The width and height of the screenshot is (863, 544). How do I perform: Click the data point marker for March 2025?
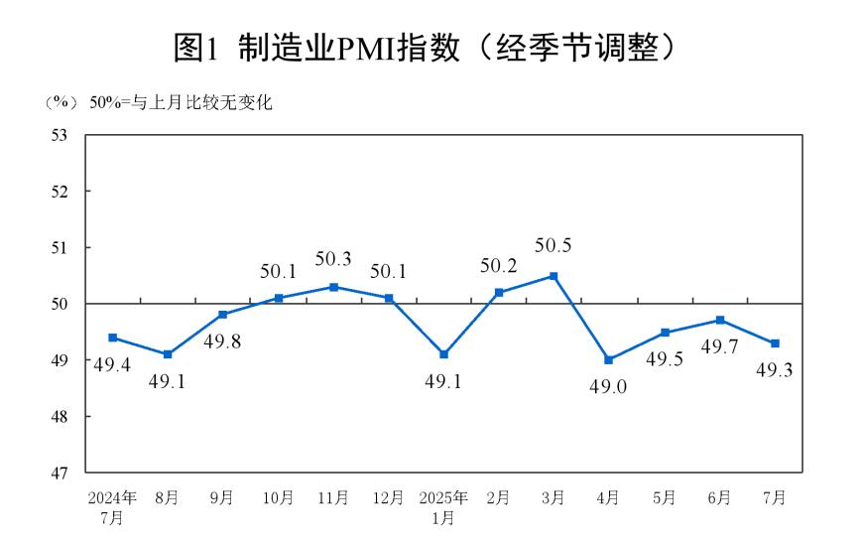point(554,276)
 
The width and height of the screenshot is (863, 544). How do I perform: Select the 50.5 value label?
point(554,245)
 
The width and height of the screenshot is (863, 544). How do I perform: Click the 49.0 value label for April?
point(608,387)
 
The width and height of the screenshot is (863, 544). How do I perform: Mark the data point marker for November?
point(333,287)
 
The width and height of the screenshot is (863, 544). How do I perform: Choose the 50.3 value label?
point(333,259)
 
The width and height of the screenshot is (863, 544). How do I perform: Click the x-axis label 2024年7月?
point(112,506)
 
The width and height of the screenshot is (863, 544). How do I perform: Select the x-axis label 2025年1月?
point(443,506)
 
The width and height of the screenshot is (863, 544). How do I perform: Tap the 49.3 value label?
point(775,370)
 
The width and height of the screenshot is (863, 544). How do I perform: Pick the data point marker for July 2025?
point(775,343)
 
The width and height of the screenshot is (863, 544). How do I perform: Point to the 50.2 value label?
point(499,265)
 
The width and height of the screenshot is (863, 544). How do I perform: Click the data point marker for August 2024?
point(168,354)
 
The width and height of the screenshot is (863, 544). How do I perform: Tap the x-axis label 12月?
point(389,497)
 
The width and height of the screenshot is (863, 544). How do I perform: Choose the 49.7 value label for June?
point(720,346)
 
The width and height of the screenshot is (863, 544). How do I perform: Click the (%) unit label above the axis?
point(60,102)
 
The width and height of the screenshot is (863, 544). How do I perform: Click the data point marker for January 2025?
point(443,354)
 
